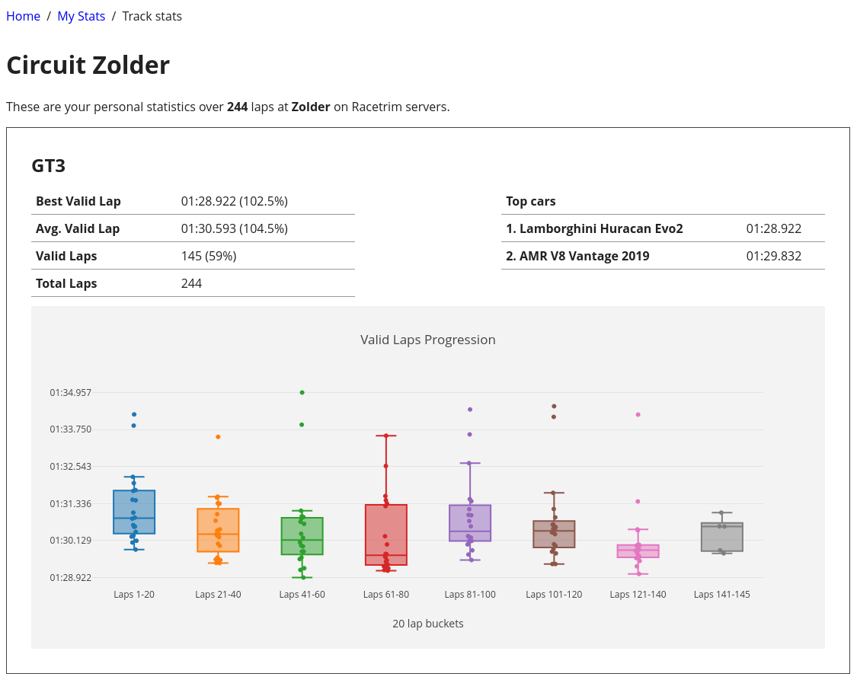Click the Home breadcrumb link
click(23, 16)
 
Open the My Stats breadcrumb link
click(82, 16)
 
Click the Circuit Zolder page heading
click(88, 65)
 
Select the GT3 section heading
click(49, 166)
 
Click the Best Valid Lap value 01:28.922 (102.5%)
click(234, 201)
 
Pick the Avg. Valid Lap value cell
click(234, 228)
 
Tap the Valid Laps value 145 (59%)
click(209, 256)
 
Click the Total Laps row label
click(66, 283)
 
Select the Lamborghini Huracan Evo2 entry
click(594, 228)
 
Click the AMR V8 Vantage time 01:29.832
click(773, 256)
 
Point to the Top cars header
click(531, 201)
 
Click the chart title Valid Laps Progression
click(428, 340)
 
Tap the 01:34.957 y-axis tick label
click(71, 393)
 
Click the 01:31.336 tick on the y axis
click(71, 504)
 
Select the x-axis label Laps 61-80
click(386, 595)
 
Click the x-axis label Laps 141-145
click(721, 595)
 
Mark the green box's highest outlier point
click(302, 392)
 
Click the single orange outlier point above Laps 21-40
click(218, 437)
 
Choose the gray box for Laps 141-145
click(722, 538)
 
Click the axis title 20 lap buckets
click(428, 624)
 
